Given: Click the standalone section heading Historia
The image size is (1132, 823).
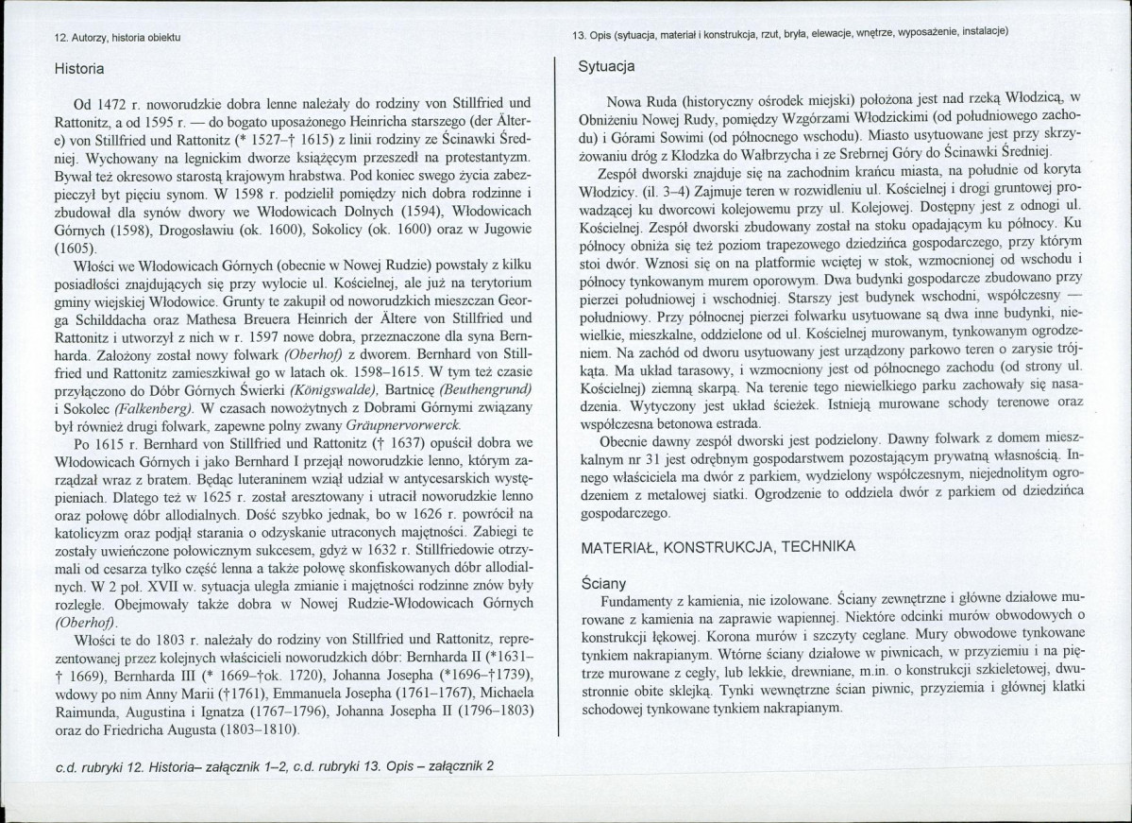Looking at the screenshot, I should pyautogui.click(x=79, y=69).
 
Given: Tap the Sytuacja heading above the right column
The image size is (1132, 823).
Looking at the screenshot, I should pyautogui.click(x=605, y=66).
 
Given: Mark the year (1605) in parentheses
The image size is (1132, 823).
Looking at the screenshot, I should pyautogui.click(x=77, y=248).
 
